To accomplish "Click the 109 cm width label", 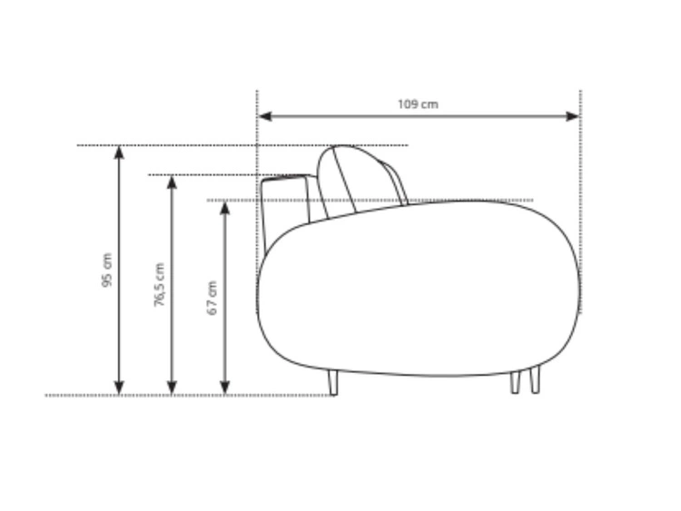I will click(417, 104).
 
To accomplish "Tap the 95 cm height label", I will click(106, 270).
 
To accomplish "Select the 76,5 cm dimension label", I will click(160, 285).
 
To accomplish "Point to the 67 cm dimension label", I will click(212, 298).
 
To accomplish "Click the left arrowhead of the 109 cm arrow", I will click(264, 116).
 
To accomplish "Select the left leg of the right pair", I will click(515, 382).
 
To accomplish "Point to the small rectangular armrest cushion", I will click(287, 200).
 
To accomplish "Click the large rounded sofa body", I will click(418, 290).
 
